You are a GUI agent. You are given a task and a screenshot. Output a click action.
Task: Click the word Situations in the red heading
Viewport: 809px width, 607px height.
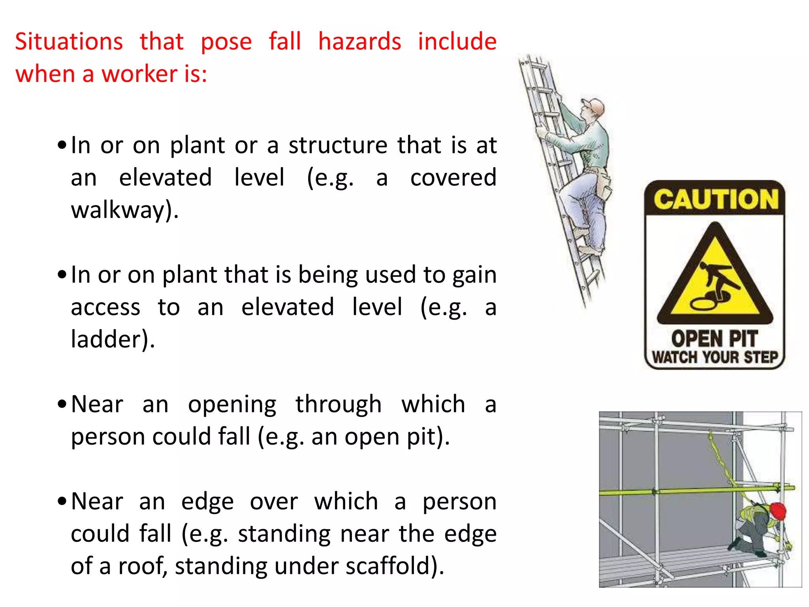coord(69,41)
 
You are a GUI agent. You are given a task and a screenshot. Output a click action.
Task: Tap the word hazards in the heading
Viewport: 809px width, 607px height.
coord(359,41)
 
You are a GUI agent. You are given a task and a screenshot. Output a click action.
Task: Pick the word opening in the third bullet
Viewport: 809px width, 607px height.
coord(232,404)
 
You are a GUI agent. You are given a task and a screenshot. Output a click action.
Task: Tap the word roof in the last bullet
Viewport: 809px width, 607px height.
coord(140,566)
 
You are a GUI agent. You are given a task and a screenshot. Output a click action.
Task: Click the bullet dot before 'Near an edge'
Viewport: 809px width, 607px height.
coord(62,501)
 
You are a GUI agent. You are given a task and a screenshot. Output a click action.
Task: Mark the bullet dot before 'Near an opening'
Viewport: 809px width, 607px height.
coord(62,404)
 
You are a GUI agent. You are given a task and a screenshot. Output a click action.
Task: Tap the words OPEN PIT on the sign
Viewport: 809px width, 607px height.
coord(714,339)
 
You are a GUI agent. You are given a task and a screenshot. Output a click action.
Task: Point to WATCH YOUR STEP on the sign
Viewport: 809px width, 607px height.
coord(715,357)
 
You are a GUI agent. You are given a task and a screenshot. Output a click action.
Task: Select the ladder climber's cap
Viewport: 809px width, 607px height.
coord(594,106)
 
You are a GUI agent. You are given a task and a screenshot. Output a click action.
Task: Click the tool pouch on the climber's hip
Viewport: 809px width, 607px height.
coord(603,185)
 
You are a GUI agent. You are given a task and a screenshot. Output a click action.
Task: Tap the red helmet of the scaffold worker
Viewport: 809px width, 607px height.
coord(777,511)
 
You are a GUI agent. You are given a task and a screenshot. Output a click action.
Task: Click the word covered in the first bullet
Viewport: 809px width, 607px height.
coord(453,177)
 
